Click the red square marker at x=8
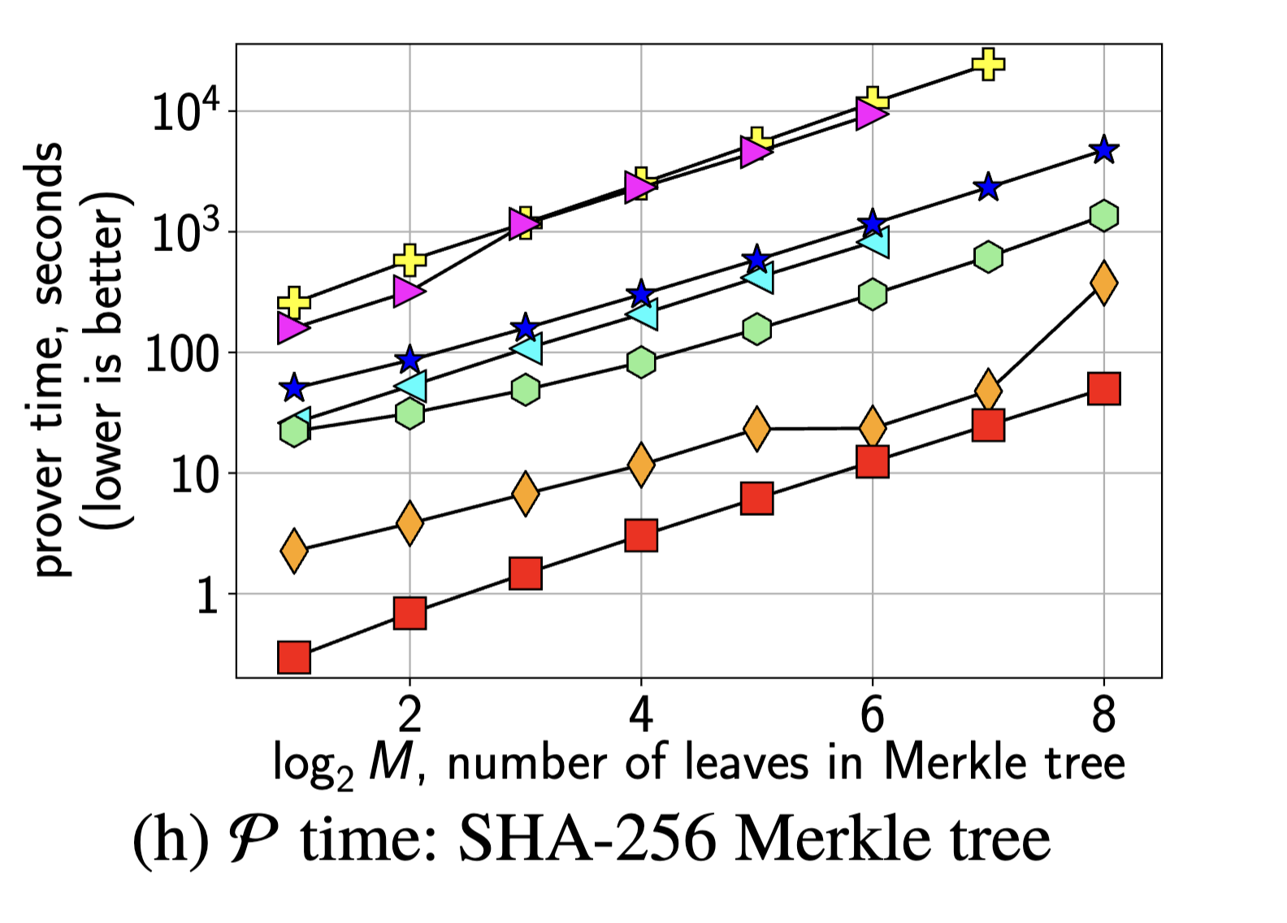pos(1103,388)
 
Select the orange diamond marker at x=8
pos(1103,283)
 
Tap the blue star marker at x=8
pos(1103,149)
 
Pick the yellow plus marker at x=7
pos(988,63)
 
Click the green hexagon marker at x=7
pos(988,257)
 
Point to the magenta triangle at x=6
pos(871,115)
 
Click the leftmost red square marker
pos(294,656)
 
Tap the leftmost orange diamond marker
pos(294,550)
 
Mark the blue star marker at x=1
pos(294,388)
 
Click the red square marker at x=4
pos(641,535)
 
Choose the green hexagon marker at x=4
pos(641,362)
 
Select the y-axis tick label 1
pos(208,596)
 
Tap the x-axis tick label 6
pos(872,715)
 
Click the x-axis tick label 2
pos(409,715)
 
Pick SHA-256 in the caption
pos(587,839)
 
